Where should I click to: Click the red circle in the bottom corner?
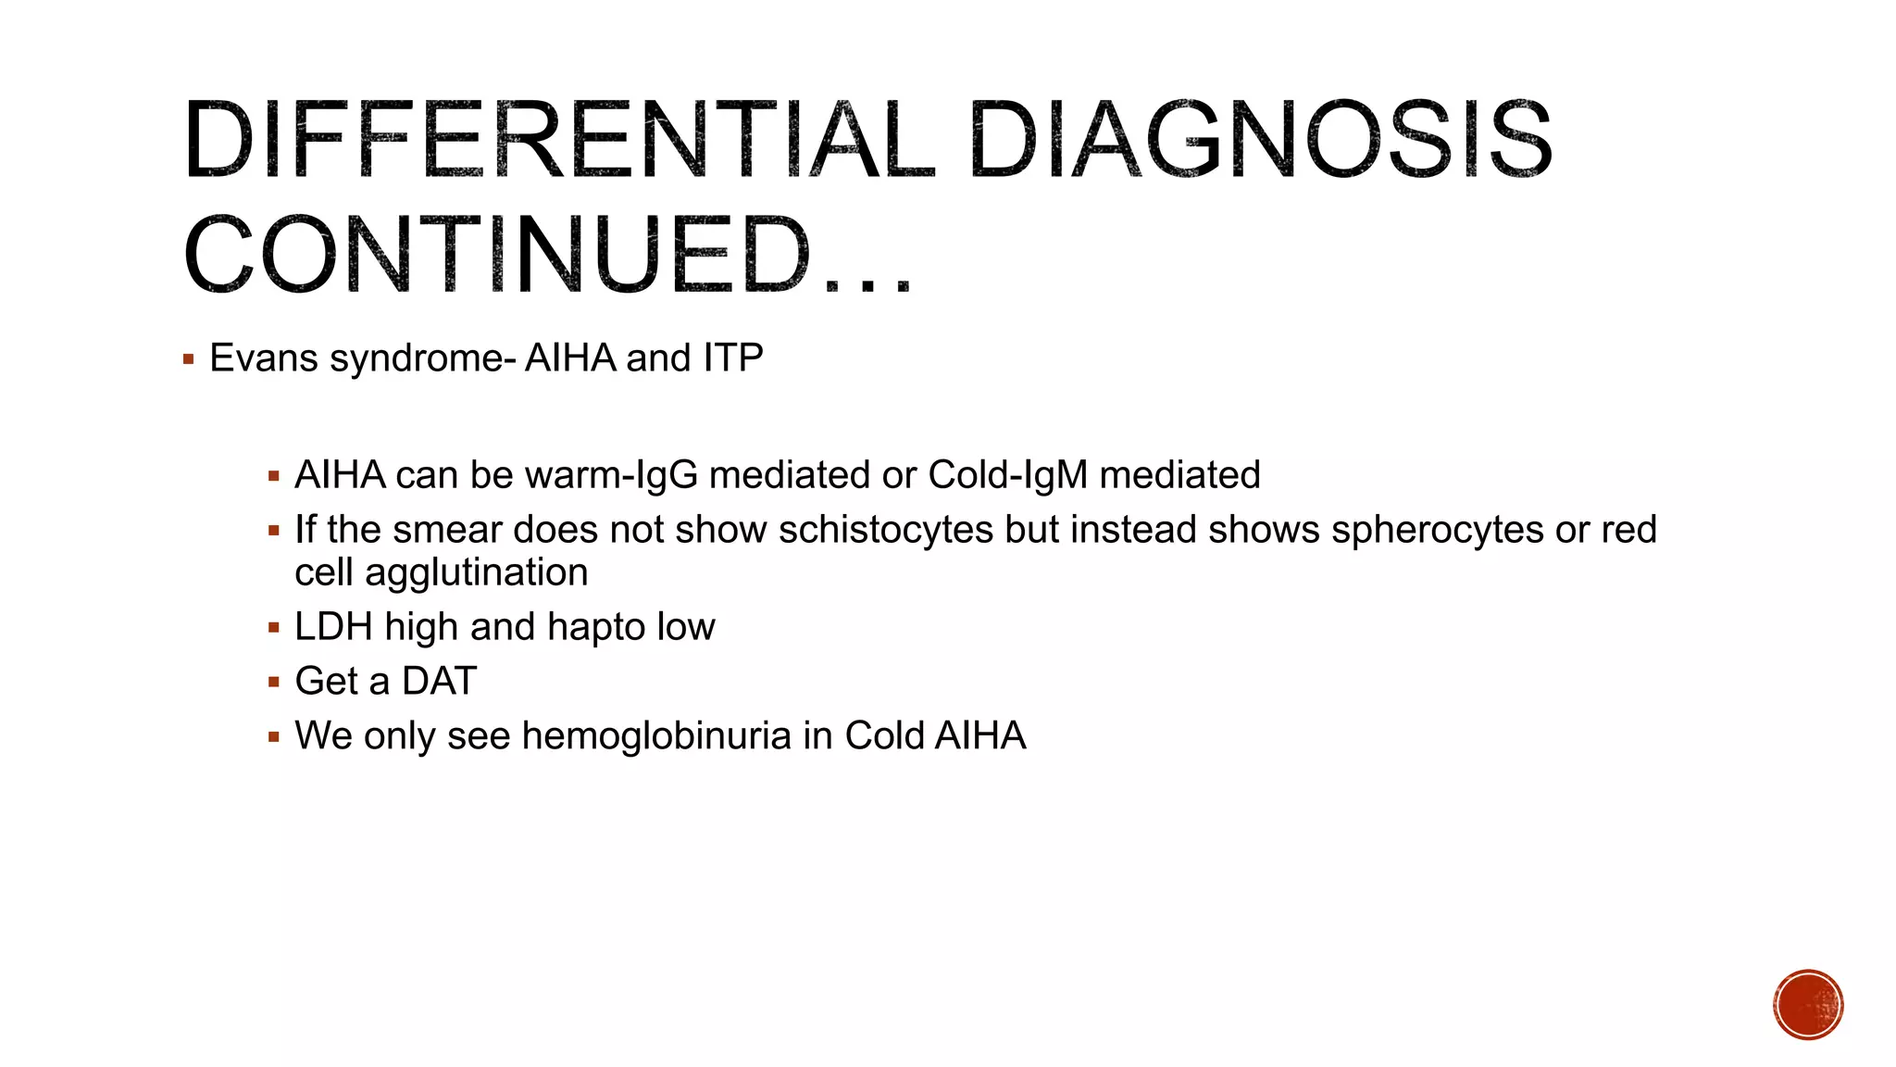pos(1808,1005)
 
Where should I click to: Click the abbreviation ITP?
pos(732,358)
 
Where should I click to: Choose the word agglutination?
pos(476,572)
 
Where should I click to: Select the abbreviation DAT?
pos(439,682)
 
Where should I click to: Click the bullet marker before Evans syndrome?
pos(189,359)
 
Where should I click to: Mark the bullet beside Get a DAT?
pos(273,683)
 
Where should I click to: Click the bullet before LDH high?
pos(273,628)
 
